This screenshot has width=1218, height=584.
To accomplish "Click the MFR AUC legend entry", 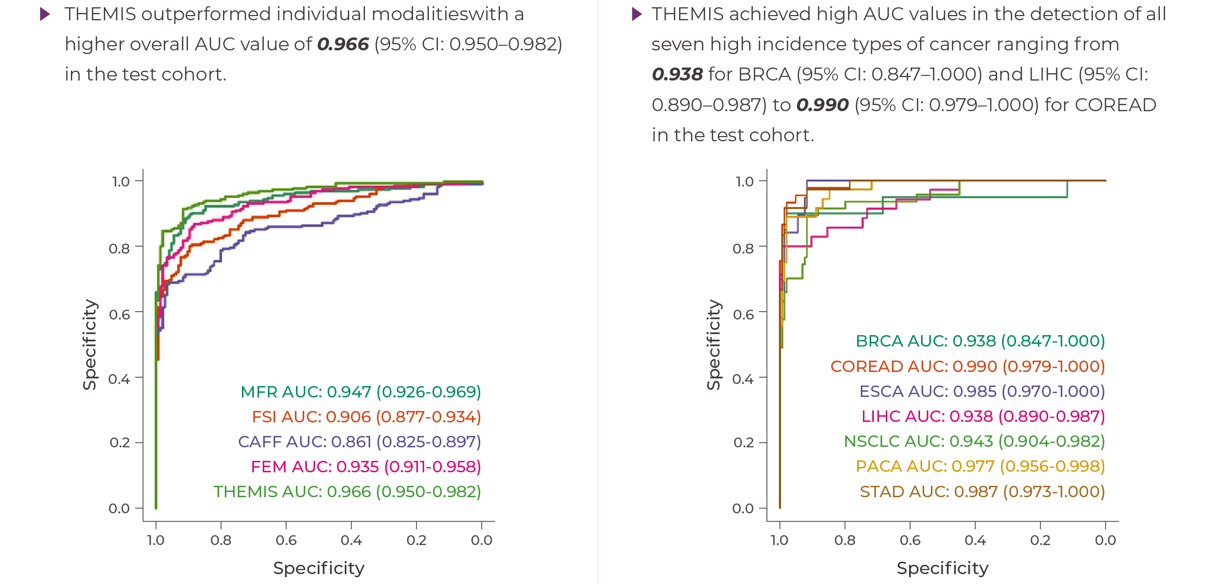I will click(361, 392).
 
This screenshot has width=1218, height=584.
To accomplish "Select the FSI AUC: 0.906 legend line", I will click(367, 417).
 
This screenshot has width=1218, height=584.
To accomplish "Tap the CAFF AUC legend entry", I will click(359, 442).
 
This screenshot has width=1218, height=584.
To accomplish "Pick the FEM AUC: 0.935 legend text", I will click(366, 467).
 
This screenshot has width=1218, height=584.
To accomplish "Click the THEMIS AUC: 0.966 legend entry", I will click(347, 492).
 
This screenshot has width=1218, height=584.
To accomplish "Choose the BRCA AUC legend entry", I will click(980, 341).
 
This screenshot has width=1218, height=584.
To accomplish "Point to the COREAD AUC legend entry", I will click(968, 366).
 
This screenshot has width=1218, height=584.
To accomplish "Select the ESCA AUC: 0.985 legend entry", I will click(982, 391).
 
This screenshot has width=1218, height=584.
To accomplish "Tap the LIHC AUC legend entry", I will click(983, 416).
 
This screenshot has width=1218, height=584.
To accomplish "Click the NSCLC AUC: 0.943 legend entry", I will click(974, 441).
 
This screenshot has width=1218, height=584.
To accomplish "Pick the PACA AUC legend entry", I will click(980, 466).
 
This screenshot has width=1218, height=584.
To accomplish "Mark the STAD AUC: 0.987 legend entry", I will click(982, 492).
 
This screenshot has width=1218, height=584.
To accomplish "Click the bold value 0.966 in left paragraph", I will click(343, 45).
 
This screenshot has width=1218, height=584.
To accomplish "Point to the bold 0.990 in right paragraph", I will click(822, 105).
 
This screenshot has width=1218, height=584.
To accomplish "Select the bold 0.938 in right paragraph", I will click(677, 75).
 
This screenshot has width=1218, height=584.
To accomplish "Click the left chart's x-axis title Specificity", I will click(319, 568).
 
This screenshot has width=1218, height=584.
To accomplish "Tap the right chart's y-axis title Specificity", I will click(714, 344).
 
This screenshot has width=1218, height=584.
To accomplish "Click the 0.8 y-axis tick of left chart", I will click(119, 248).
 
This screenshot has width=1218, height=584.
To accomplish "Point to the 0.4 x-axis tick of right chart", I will click(975, 540).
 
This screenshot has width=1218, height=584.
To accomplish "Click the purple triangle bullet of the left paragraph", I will click(45, 15).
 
